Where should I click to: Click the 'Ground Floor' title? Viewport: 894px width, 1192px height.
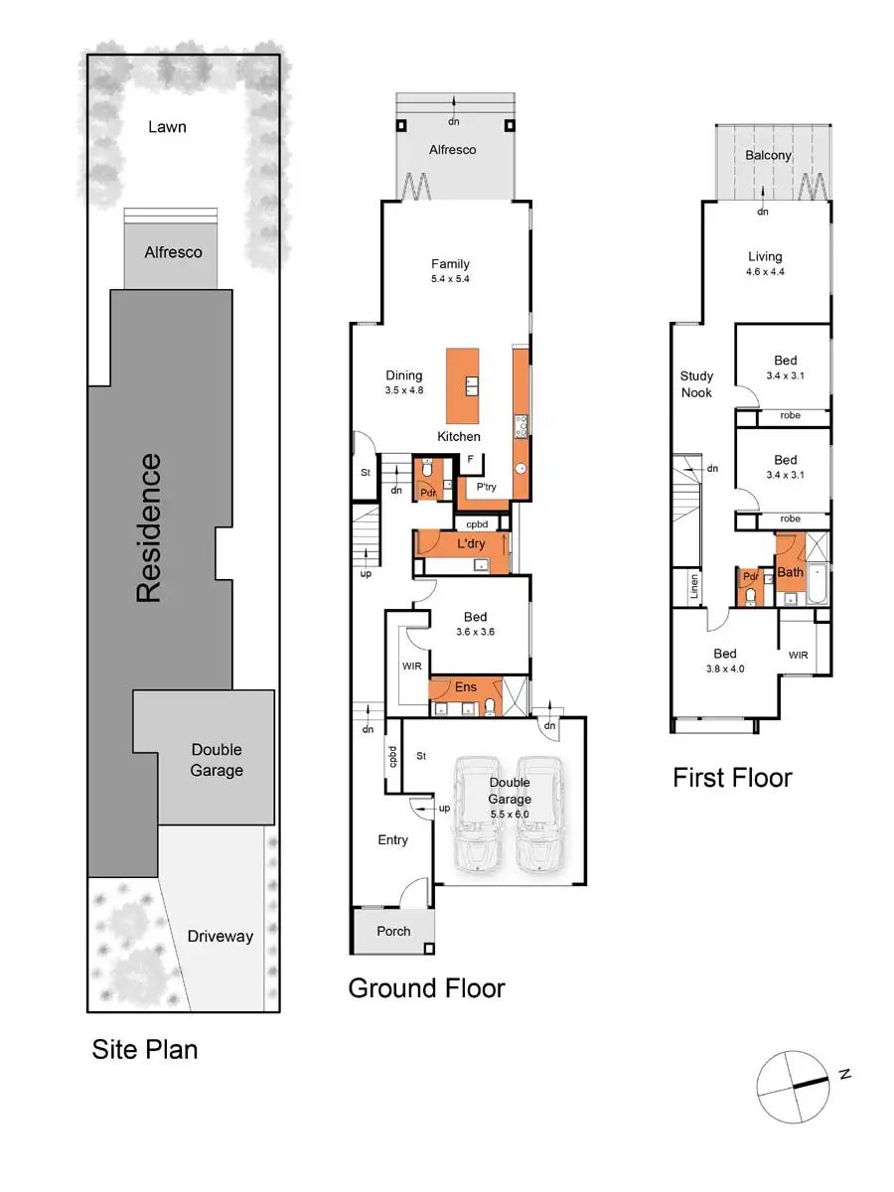[x=426, y=988]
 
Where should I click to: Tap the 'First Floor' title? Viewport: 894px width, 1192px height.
[x=732, y=778]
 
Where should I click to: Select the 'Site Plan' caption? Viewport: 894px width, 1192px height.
[x=145, y=1049]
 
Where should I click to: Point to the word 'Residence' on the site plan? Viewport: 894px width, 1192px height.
[x=148, y=527]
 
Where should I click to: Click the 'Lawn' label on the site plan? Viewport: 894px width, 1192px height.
[x=167, y=127]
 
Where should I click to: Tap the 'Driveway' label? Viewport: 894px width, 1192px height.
[x=221, y=936]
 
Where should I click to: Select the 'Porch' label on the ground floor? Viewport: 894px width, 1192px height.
[x=393, y=932]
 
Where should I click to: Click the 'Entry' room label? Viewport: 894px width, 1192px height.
[x=392, y=840]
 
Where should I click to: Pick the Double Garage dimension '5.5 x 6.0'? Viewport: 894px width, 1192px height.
[x=510, y=815]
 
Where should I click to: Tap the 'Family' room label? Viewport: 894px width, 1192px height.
[x=450, y=264]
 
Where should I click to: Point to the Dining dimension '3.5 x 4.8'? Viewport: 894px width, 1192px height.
[x=404, y=390]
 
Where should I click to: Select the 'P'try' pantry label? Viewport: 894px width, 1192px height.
[x=486, y=487]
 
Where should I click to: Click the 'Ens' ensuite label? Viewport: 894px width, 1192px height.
[x=466, y=686]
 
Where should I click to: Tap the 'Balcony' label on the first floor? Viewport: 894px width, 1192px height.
[x=769, y=155]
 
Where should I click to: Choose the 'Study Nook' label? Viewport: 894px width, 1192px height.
[x=696, y=384]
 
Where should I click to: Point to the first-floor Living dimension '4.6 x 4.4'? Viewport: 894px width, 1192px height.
[x=765, y=271]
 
